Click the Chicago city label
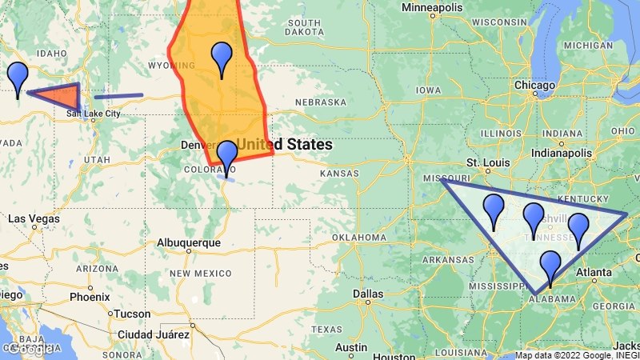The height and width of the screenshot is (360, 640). point(535,85)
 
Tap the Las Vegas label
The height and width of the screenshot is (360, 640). point(34,218)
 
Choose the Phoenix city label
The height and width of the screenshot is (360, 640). point(89,296)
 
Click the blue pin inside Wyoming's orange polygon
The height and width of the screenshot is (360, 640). point(221,58)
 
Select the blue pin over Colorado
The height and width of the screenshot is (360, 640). point(227,155)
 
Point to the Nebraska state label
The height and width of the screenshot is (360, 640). point(320,102)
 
